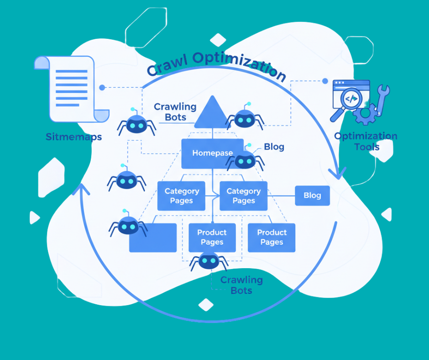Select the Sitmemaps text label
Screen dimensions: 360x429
click(x=73, y=137)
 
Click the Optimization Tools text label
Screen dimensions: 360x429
click(x=366, y=141)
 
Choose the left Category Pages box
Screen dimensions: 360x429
click(x=181, y=196)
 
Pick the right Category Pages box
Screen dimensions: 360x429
click(x=243, y=196)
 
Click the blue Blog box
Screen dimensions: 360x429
click(x=312, y=196)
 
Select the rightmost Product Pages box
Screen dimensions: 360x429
click(x=272, y=238)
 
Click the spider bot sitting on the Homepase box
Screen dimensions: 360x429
click(x=245, y=159)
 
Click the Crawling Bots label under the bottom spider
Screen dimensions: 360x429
click(x=241, y=285)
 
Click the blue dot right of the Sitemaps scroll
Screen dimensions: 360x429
click(x=102, y=87)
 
